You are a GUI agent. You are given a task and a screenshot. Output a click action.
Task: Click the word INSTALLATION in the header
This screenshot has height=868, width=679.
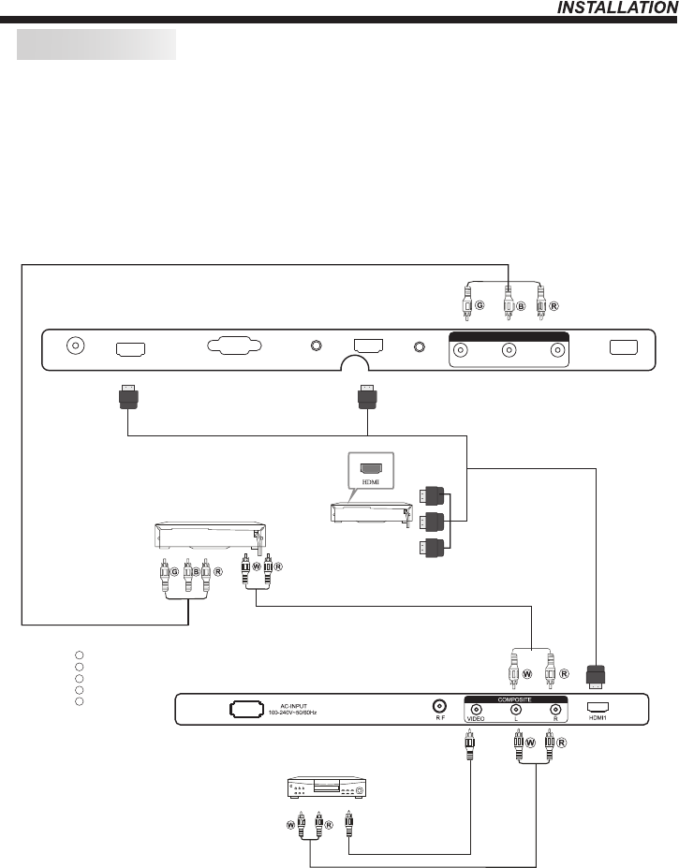click(616, 7)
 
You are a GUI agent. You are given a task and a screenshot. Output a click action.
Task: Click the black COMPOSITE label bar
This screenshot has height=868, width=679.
click(513, 697)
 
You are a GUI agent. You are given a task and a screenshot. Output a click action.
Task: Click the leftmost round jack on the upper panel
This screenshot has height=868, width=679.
click(74, 345)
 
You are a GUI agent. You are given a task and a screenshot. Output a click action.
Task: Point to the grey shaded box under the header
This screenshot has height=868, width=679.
click(96, 43)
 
